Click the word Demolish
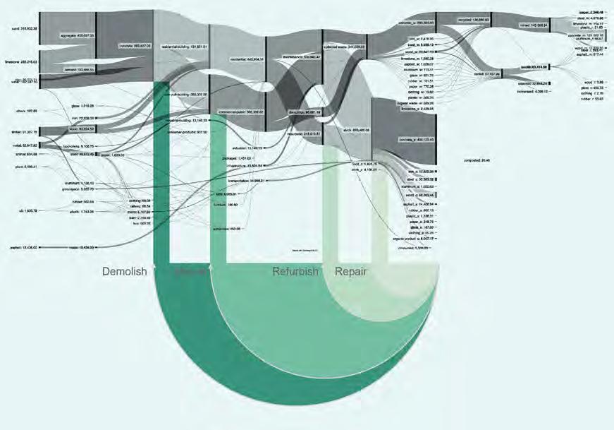click(x=125, y=272)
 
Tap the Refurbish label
click(x=296, y=272)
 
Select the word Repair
click(x=350, y=272)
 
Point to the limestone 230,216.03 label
click(x=21, y=62)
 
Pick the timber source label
click(x=22, y=131)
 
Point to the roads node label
click(x=81, y=248)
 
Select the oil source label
click(x=24, y=210)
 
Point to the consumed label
click(x=410, y=248)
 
